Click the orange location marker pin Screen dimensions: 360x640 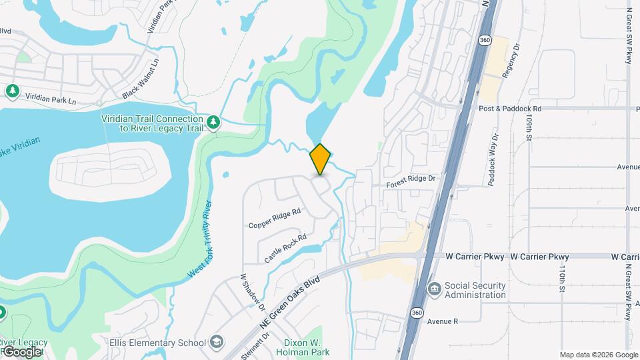pyautogui.click(x=320, y=159)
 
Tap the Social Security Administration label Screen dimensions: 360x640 pyautogui.click(x=475, y=290)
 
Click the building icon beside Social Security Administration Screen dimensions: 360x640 pyautogui.click(x=434, y=289)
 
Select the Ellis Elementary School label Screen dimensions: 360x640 pyautogui.click(x=158, y=343)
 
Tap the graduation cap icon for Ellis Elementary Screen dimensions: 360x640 pyautogui.click(x=217, y=343)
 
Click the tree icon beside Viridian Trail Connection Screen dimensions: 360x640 pyautogui.click(x=213, y=122)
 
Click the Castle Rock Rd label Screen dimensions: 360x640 pyautogui.click(x=285, y=247)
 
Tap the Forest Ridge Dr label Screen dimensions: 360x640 pyautogui.click(x=411, y=178)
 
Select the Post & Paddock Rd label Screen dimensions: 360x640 pyautogui.click(x=510, y=108)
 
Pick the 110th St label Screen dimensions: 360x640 pyautogui.click(x=563, y=279)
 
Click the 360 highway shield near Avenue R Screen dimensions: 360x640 pyautogui.click(x=417, y=313)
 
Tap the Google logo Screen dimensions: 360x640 pyautogui.click(x=22, y=351)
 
